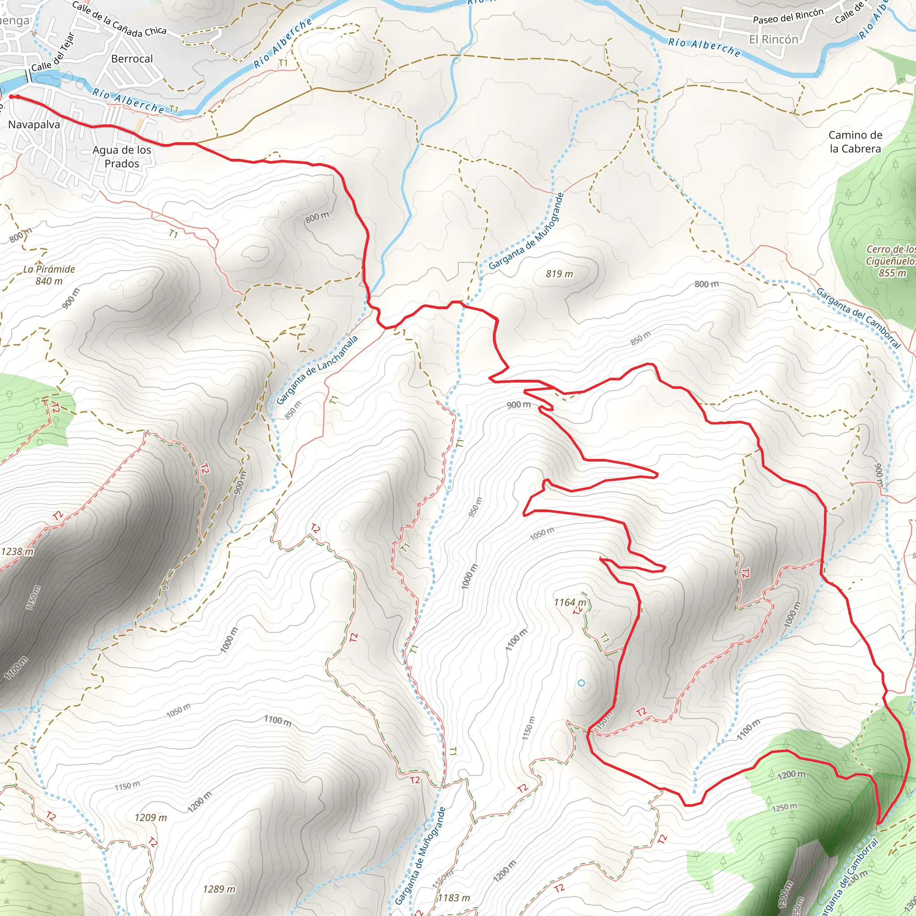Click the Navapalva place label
coord(34,125)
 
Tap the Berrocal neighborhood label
coord(132,59)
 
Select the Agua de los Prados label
coord(122,157)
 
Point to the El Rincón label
coord(773,39)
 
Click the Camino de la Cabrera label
coord(855,142)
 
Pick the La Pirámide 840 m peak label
coord(49,275)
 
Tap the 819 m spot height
coord(559,274)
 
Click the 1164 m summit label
coord(569,602)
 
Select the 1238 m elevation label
coord(17,551)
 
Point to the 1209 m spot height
coord(150,818)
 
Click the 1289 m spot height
coord(219,889)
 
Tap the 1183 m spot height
coord(453,898)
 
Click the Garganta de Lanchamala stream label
coord(317,370)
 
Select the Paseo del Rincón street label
coord(788,16)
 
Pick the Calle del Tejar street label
coord(53,52)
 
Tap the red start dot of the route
coord(11,97)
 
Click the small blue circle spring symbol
coord(581,683)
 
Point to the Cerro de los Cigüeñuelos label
coord(891,261)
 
